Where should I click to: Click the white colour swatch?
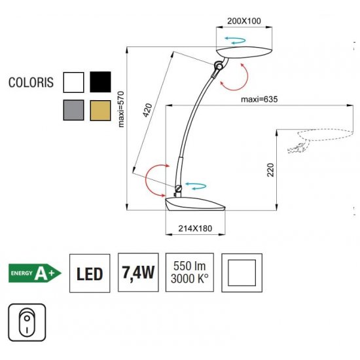click(x=73, y=82)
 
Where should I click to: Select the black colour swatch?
click(x=100, y=82)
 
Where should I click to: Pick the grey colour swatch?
click(x=73, y=110)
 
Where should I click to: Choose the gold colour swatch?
click(x=100, y=111)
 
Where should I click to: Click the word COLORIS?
click(x=31, y=82)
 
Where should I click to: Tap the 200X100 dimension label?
click(x=244, y=21)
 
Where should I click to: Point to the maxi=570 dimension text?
click(x=121, y=109)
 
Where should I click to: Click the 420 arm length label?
click(x=148, y=110)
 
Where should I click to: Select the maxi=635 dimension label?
click(x=259, y=99)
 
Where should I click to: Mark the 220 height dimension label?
click(x=271, y=170)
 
